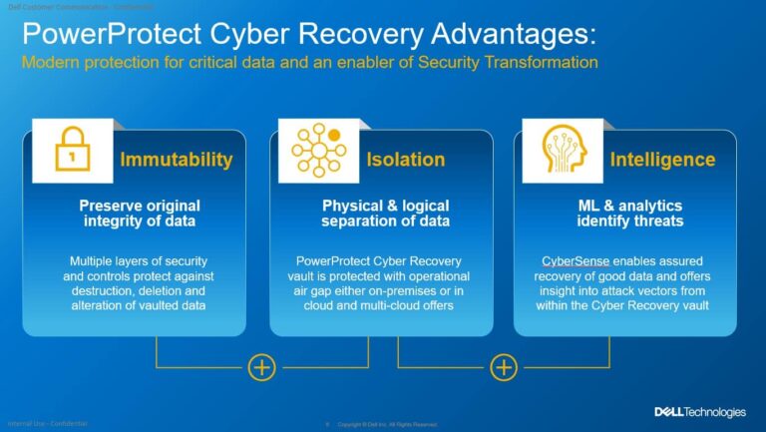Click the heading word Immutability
(177, 160)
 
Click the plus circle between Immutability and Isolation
(261, 367)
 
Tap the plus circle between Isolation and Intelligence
(505, 367)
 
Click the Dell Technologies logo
(699, 412)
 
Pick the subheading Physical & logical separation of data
(385, 213)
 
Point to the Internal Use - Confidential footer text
(47, 423)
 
